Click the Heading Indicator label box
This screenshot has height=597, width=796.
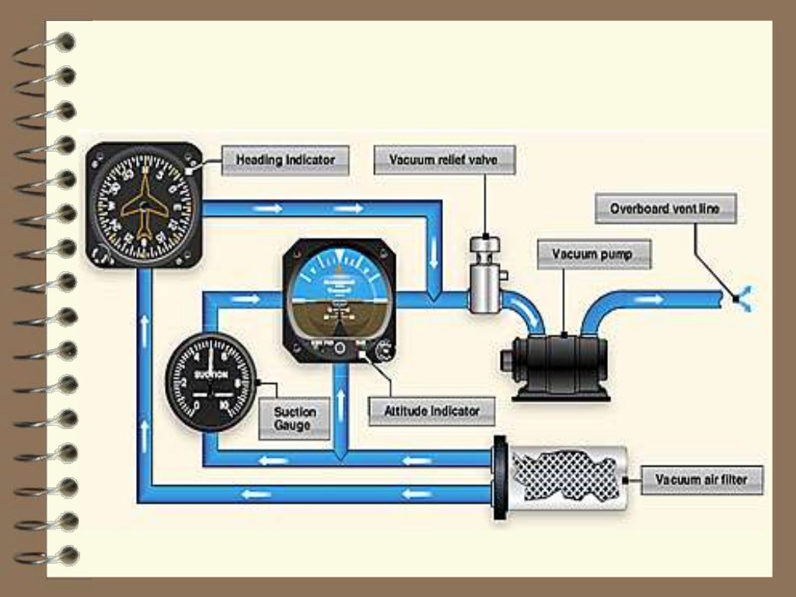(285, 160)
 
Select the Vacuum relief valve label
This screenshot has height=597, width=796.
(442, 161)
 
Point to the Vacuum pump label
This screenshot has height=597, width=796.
(592, 254)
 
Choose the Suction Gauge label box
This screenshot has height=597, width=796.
(295, 418)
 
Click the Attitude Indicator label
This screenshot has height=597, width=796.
(431, 410)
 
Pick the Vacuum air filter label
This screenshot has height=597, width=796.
(701, 480)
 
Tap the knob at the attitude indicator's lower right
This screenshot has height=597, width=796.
(382, 352)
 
